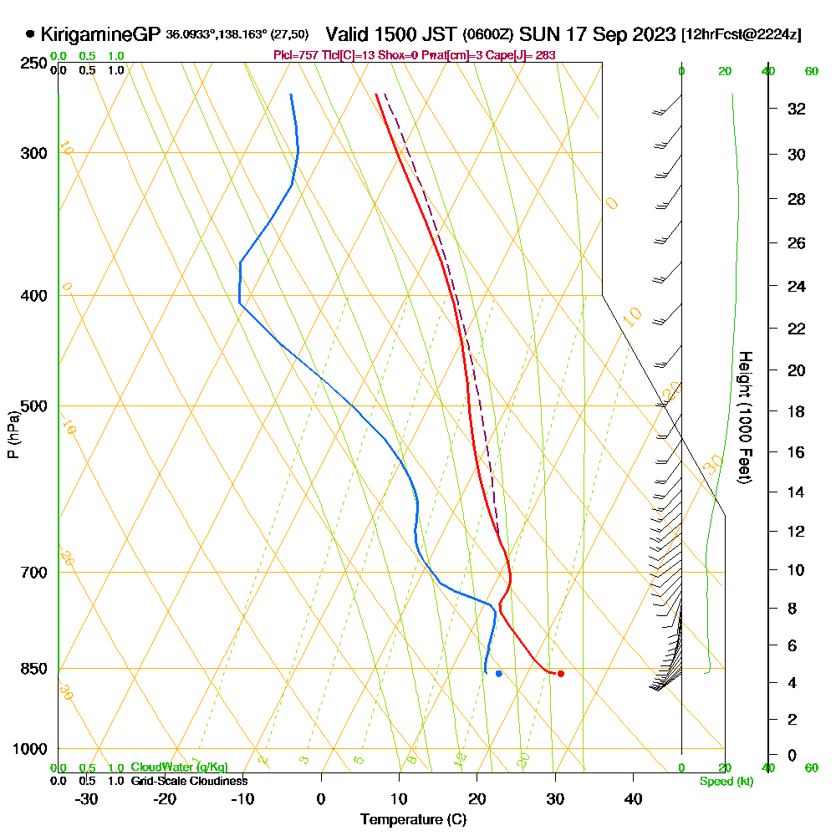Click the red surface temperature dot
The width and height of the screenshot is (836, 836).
(x=561, y=674)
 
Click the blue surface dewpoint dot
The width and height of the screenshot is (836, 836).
(x=498, y=673)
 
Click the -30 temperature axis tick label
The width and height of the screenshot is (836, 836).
(x=87, y=798)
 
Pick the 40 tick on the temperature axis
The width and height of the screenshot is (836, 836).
(x=633, y=798)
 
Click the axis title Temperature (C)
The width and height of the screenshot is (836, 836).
(x=413, y=820)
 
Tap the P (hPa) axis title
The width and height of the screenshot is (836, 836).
(x=13, y=434)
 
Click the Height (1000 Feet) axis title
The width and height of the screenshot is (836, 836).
(x=744, y=417)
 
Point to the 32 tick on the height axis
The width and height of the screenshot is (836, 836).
(x=797, y=108)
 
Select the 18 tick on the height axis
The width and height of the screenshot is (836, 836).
(x=797, y=410)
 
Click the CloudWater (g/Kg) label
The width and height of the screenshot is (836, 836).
(x=179, y=767)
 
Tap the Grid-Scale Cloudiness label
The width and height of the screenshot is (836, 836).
(x=189, y=781)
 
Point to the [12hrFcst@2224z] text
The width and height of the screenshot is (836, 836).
(x=742, y=34)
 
